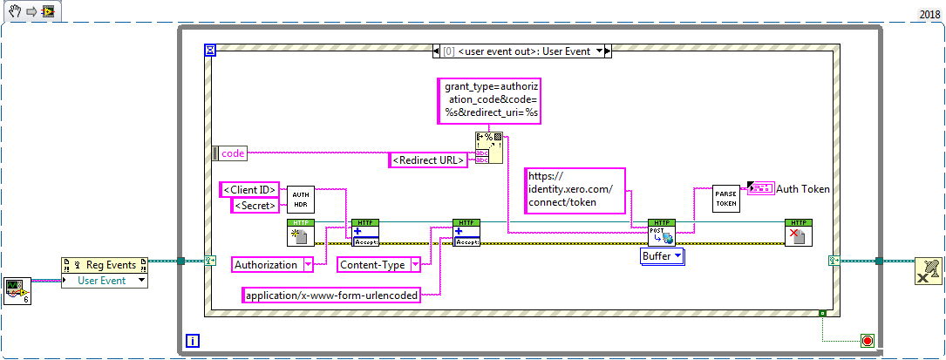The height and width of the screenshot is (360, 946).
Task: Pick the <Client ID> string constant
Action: click(x=249, y=189)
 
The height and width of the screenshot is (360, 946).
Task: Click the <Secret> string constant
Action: click(x=255, y=206)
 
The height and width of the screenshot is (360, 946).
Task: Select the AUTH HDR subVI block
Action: click(x=301, y=200)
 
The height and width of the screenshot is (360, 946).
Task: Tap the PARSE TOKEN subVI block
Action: click(x=725, y=198)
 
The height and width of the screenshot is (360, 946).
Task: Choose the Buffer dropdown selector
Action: click(x=663, y=256)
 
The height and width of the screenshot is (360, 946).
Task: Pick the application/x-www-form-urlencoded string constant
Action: click(x=330, y=295)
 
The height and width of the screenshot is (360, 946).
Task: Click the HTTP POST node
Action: click(x=662, y=233)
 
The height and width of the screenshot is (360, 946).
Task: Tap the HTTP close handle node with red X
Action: click(x=798, y=233)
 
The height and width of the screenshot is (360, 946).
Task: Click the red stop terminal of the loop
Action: click(x=867, y=340)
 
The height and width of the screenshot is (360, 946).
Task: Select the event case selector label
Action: click(x=522, y=51)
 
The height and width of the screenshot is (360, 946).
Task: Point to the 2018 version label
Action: click(x=929, y=15)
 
